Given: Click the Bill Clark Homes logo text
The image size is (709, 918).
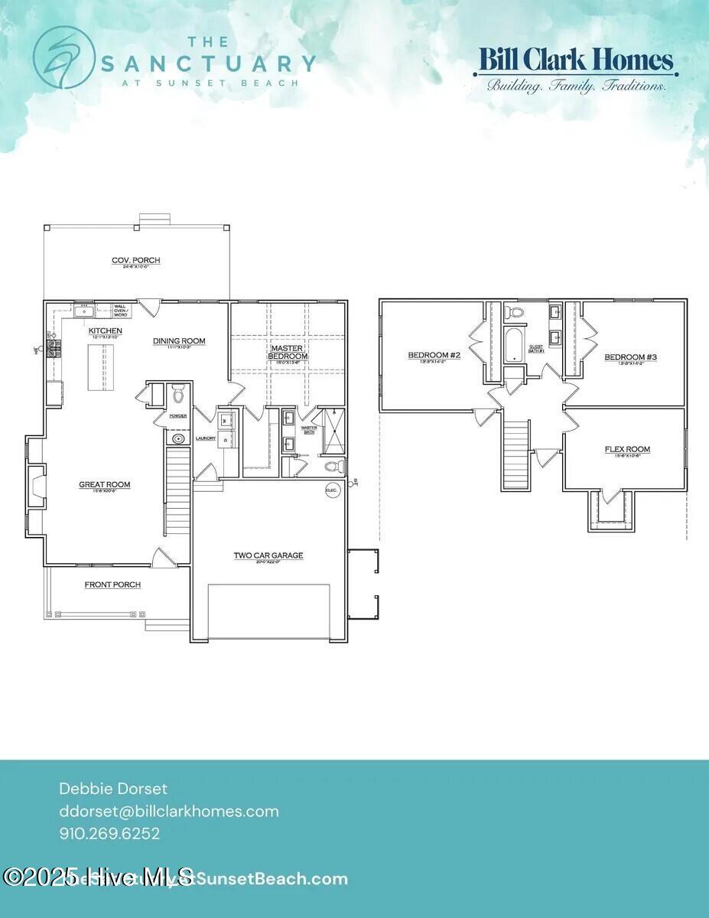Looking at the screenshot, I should coord(575,60).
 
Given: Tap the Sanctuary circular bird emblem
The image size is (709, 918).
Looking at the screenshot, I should coord(63,57).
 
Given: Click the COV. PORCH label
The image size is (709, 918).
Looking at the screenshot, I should coord(136,261).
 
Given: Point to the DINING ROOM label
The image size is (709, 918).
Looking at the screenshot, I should coord(179,341).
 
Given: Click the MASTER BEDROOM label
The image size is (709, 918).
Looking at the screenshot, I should coord(288,352).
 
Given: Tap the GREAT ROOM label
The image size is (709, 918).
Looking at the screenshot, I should coord(105,484).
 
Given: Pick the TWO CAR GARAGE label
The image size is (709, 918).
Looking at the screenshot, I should coord(268,555).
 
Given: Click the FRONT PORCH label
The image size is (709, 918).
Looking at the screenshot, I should coord(112,585).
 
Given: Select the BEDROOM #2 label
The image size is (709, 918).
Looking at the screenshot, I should coord(434,355).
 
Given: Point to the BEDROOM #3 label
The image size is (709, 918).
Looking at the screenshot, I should coord(630,357).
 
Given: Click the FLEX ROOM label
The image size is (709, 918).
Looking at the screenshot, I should coord(627,450).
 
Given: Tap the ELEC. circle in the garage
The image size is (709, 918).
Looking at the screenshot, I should coord(332,490).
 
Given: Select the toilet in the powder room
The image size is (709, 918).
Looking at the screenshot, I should coord(178,394).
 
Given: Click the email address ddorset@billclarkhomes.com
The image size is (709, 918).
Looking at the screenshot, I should coord(169,811).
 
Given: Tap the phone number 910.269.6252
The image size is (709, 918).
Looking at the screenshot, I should coord(109,834).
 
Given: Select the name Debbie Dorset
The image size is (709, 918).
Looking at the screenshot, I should coord(113,788).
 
